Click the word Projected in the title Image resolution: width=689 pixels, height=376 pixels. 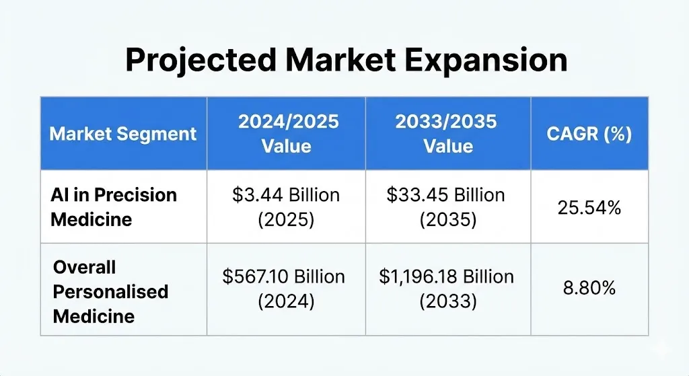coord(200,61)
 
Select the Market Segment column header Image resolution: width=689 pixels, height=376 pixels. coord(123,133)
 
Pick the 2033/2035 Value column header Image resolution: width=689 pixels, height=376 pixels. coord(448,133)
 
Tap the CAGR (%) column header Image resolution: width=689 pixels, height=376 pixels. coord(589,133)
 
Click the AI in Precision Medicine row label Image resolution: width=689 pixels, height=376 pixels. coord(114,206)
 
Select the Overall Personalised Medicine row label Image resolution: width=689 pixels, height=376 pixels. coord(110,291)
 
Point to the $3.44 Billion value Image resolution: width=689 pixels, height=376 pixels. coord(286,195)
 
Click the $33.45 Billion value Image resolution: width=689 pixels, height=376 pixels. coord(445,195)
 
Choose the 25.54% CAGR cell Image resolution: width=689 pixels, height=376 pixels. coord(589,207)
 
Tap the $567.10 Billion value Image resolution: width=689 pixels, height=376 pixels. coord(286,276)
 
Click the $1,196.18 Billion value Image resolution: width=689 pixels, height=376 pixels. coord(447,276)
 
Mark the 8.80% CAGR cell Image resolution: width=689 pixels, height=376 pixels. coord(589,289)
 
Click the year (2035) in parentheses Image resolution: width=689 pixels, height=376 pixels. coord(447,220)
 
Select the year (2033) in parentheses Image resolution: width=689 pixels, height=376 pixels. coord(447,301)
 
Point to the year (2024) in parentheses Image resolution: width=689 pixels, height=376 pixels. coord(286,301)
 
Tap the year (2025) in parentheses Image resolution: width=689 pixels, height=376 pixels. coord(286,220)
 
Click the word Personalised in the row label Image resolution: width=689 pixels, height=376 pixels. coord(110,291)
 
